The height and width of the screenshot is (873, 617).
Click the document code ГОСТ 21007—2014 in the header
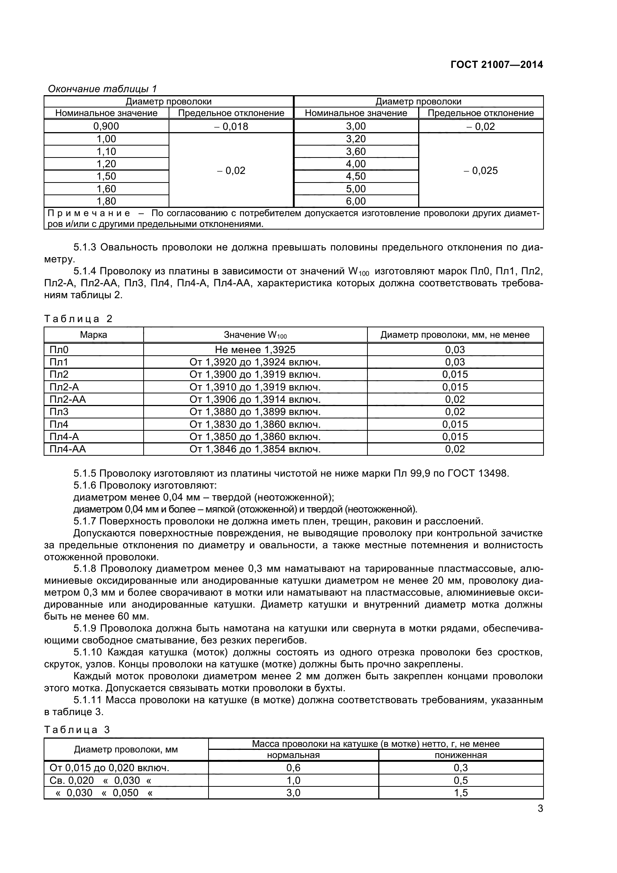(x=497, y=65)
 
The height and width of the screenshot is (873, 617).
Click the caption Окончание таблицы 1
(x=102, y=89)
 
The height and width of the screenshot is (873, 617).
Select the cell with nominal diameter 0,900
(x=106, y=126)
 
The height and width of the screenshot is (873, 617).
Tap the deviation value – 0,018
(x=231, y=127)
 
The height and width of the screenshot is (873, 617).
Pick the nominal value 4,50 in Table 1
(x=356, y=177)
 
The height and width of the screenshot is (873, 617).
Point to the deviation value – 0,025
(x=480, y=171)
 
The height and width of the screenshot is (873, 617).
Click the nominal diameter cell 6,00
(x=356, y=201)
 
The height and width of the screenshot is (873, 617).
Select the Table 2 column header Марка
(x=94, y=335)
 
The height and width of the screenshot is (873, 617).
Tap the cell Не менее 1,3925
(x=255, y=350)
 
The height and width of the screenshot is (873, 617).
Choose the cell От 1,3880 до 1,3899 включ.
(x=255, y=412)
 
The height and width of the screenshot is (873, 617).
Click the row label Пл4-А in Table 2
(x=64, y=437)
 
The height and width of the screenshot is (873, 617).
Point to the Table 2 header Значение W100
(x=255, y=335)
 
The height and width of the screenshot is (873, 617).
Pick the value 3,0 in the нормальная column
(x=293, y=793)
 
